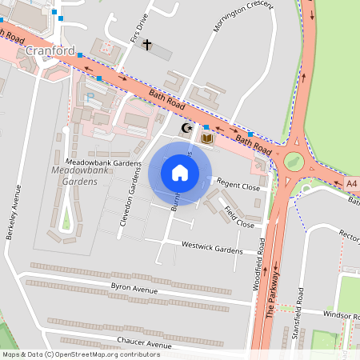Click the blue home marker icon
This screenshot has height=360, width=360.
click(x=180, y=173)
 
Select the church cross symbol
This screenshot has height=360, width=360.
click(x=146, y=45)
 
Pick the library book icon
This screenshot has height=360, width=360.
click(x=207, y=139)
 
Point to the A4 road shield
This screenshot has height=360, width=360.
click(x=352, y=184)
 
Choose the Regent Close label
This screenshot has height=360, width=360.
click(x=238, y=186)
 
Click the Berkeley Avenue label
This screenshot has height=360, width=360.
click(x=15, y=217)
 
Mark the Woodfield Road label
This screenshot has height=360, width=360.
click(x=261, y=272)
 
